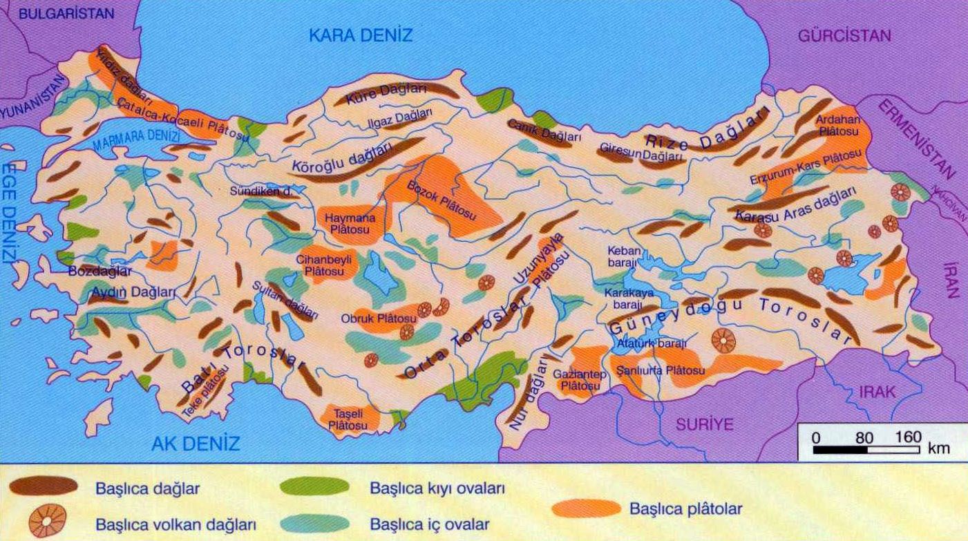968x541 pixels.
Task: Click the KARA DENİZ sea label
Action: coord(361,35)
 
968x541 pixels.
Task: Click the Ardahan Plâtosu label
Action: coord(837,124)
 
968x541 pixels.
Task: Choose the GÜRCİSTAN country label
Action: coord(844,36)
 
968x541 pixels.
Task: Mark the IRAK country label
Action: coord(877,392)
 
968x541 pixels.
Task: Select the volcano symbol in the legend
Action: coord(47,521)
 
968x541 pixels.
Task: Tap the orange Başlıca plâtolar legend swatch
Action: coord(587,509)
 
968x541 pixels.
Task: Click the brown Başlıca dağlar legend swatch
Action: coord(43,486)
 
